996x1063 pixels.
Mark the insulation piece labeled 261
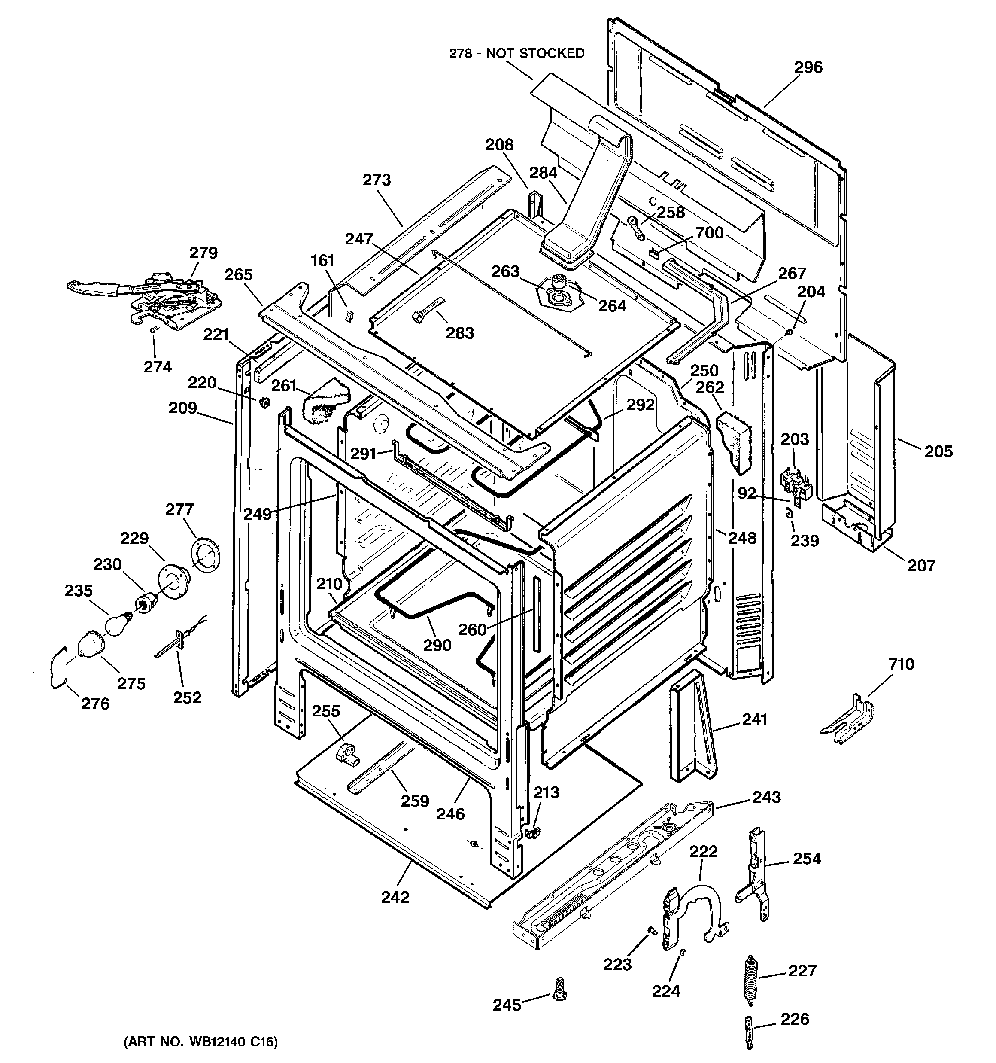(324, 401)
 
